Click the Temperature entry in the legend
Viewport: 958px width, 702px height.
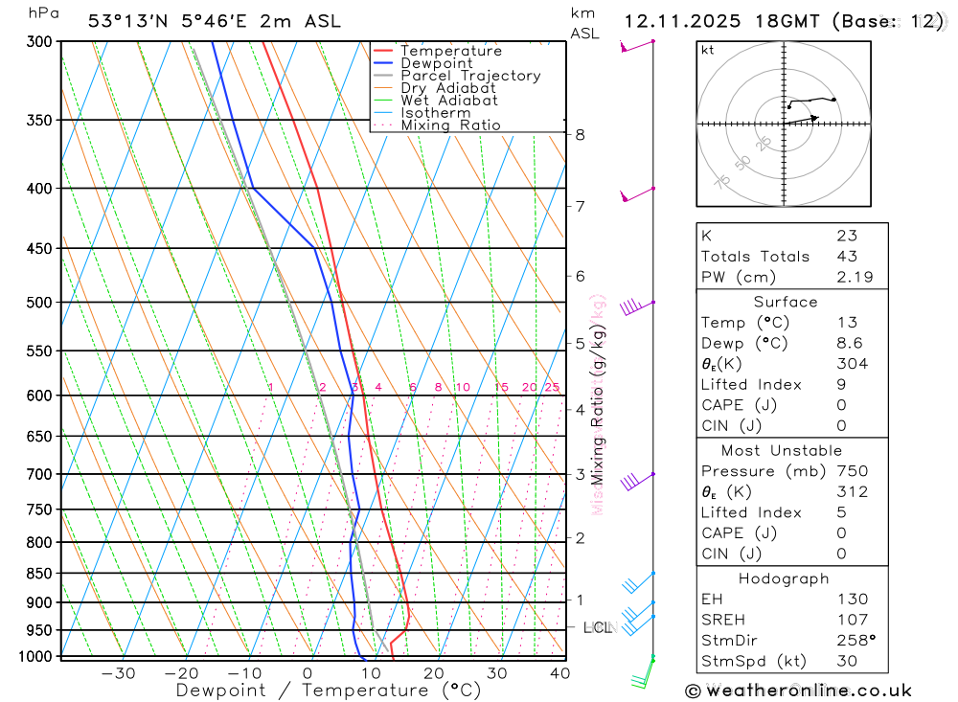coord(450,51)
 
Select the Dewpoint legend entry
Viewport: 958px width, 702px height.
coord(436,63)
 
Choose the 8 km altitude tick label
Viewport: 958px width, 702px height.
coord(581,135)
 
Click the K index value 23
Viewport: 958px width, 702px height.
coord(846,236)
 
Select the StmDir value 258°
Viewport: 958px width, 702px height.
coord(854,640)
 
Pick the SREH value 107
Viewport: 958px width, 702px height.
coord(852,620)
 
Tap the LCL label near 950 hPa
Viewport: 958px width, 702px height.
coord(598,628)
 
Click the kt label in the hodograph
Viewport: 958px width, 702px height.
coord(707,50)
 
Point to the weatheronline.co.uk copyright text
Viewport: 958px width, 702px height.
coord(798,691)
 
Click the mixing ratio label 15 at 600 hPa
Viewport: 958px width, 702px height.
coord(501,387)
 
